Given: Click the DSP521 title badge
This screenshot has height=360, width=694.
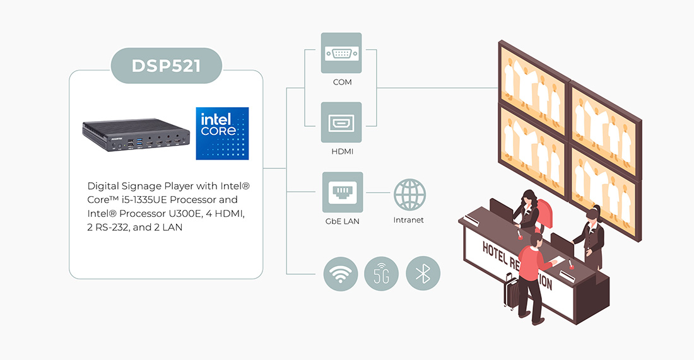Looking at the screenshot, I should [167, 66].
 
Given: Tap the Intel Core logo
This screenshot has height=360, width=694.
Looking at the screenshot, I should [222, 133].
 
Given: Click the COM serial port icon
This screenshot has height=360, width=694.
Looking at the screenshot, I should [341, 53].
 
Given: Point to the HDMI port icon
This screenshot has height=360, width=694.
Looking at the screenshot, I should [341, 122].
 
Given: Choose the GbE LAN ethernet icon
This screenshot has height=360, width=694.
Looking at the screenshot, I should [343, 192].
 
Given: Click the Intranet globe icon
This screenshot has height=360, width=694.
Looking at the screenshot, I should [409, 194].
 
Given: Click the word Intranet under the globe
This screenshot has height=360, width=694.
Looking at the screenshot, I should [409, 220].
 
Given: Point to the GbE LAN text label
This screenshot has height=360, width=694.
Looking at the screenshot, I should [343, 221].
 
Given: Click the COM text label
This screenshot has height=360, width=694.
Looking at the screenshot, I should [343, 83].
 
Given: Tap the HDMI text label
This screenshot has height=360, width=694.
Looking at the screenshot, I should [341, 152].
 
